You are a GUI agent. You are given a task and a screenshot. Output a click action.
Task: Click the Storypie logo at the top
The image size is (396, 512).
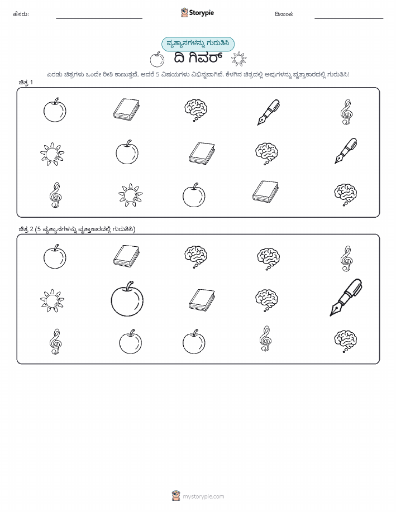(197, 13)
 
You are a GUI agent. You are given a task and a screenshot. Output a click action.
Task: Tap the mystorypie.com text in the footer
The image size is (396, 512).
(203, 496)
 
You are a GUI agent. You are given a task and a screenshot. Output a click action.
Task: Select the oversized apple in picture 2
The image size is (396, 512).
(127, 299)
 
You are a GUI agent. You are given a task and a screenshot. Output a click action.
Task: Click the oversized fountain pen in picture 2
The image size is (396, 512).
(346, 297)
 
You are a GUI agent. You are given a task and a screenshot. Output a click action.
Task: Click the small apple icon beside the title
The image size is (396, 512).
(157, 59)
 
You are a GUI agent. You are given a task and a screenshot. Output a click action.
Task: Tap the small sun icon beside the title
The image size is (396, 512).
(239, 59)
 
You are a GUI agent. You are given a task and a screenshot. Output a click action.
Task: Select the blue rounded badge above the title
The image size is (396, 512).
(198, 44)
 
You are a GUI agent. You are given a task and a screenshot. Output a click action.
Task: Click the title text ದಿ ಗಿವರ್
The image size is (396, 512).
(198, 59)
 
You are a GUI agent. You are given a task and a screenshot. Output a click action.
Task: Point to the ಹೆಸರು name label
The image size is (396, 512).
(21, 14)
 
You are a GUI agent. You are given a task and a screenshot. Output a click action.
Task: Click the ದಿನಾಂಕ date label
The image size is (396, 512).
(284, 14)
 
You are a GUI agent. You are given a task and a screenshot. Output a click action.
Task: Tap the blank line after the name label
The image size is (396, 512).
(99, 18)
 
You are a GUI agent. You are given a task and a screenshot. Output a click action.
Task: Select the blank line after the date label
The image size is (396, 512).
(349, 18)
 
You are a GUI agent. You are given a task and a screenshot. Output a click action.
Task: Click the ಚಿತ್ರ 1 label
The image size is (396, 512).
(26, 82)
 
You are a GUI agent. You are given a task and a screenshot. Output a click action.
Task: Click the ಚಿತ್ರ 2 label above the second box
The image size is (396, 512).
(26, 229)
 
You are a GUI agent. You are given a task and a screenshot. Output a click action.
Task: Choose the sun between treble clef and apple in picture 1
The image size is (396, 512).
(130, 195)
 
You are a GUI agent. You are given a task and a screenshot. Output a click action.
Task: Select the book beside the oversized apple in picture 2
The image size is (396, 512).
(202, 300)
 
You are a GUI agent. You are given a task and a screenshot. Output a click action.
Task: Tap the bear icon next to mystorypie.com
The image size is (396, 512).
(176, 496)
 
